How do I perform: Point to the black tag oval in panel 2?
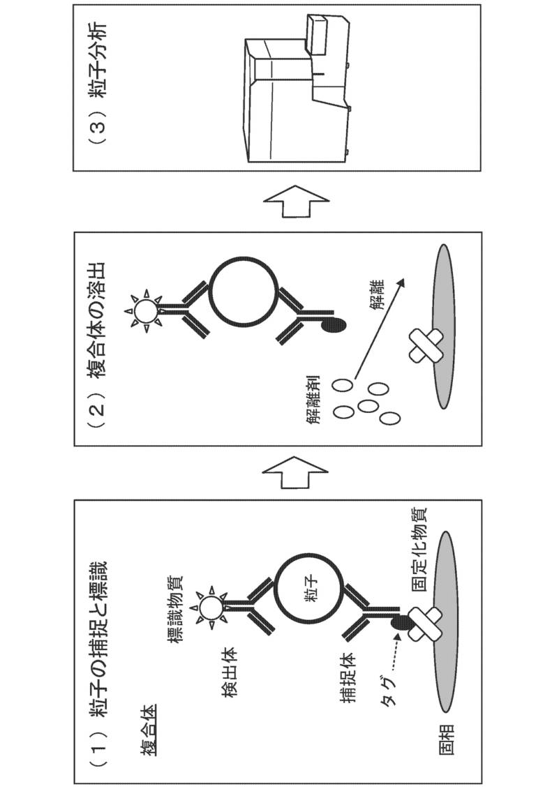tap(334, 326)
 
